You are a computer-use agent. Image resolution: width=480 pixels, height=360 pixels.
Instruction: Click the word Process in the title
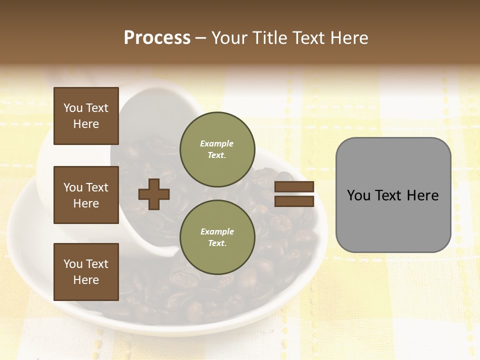tap(157, 38)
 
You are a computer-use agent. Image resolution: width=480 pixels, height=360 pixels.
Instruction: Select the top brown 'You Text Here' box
tap(86, 116)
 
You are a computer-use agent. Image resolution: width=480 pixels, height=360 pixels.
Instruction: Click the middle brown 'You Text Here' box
tap(86, 195)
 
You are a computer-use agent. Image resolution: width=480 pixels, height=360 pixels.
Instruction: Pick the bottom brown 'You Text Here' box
tap(86, 272)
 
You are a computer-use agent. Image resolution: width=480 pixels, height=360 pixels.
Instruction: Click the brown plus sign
tap(154, 194)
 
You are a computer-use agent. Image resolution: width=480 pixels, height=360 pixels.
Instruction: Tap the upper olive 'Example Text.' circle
tap(217, 149)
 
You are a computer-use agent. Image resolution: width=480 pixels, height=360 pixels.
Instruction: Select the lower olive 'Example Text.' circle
tap(217, 237)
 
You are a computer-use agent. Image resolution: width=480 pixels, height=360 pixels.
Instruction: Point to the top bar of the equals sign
tap(294, 187)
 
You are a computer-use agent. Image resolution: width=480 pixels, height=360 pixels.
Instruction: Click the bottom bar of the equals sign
tap(294, 201)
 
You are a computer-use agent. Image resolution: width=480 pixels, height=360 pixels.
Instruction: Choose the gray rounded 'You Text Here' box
tap(393, 195)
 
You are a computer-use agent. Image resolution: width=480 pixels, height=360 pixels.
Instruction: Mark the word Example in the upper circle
tap(217, 143)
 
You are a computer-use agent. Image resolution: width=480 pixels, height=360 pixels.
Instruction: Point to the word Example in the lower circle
tap(217, 231)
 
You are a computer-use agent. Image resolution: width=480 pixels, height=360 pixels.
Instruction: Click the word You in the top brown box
tap(73, 108)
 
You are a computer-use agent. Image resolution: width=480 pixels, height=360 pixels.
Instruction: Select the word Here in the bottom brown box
tap(86, 280)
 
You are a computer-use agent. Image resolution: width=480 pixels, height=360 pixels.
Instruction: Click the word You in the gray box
tap(358, 195)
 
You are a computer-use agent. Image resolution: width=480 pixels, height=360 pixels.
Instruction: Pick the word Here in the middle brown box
tap(86, 203)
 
